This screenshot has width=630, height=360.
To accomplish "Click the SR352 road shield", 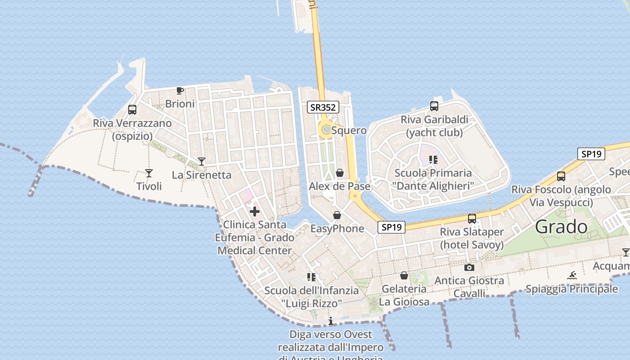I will (x=323, y=107).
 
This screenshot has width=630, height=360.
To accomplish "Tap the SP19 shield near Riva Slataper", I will (x=391, y=227).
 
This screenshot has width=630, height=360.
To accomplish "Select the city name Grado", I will (x=561, y=227).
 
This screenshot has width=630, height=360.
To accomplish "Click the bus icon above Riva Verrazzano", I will (x=132, y=109).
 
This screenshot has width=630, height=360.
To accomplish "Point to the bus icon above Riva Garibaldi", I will (x=434, y=106).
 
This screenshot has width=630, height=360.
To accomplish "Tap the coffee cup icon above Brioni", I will (x=180, y=91).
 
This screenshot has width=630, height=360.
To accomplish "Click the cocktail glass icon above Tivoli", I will (x=149, y=173).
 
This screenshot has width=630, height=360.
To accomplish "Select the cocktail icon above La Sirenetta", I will (x=202, y=161).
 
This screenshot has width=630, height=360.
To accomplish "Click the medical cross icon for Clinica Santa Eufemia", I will (x=255, y=211).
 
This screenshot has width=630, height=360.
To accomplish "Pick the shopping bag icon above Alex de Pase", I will (x=340, y=173).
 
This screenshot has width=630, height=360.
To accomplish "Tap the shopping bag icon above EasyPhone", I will (x=337, y=215).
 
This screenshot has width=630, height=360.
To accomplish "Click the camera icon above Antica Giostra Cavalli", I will (x=469, y=267).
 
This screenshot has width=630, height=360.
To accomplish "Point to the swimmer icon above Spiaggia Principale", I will (x=572, y=275).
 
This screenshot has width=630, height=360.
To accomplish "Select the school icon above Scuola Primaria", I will (x=433, y=159).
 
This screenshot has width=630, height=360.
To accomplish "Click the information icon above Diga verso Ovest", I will (x=331, y=321).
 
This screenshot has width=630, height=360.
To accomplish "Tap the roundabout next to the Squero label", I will (x=326, y=130).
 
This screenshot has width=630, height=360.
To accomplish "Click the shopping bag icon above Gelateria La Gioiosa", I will (x=404, y=275).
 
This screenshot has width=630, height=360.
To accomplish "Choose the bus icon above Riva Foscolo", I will (x=561, y=176).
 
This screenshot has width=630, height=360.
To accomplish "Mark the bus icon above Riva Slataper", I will (x=472, y=219).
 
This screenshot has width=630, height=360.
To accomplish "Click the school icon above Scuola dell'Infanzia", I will (x=311, y=277).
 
